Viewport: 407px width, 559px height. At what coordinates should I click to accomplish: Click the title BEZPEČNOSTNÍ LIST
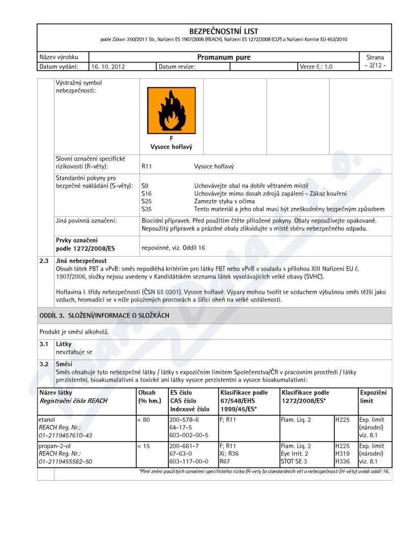click(217, 32)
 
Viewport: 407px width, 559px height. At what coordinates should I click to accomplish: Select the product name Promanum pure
click(224, 57)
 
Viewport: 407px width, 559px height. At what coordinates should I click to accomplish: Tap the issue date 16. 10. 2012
click(108, 66)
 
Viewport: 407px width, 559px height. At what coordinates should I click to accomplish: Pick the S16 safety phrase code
click(146, 194)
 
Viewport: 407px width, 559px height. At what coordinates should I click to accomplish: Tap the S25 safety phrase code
click(146, 201)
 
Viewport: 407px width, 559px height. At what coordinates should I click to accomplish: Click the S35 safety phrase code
click(146, 209)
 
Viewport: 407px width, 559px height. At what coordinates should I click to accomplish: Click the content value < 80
click(144, 420)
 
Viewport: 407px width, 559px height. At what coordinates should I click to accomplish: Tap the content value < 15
click(144, 446)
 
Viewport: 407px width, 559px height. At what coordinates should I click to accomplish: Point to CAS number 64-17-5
click(182, 428)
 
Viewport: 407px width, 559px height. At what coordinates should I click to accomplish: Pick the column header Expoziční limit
click(373, 397)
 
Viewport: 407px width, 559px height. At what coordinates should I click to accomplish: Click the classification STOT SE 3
click(297, 461)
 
